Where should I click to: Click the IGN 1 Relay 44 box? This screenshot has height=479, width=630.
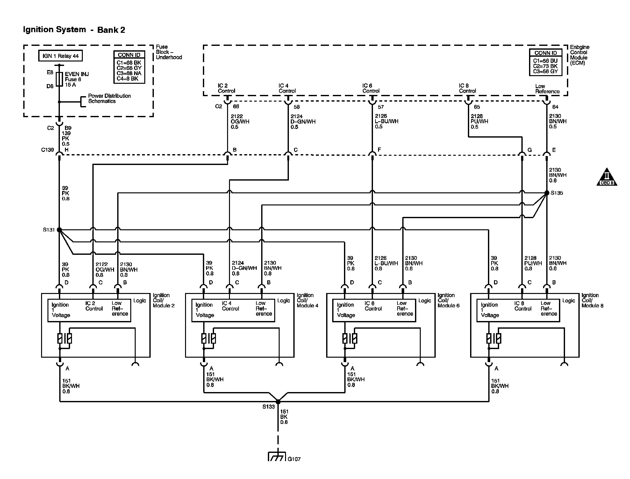coord(61,56)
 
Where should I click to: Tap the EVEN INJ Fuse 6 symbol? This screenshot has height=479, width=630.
coord(59,79)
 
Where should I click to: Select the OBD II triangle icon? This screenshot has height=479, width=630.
coord(606,177)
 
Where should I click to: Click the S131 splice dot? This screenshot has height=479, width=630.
coord(59,230)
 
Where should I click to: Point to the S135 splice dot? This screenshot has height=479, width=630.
coord(547,193)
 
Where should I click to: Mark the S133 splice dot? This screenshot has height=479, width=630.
coord(278,402)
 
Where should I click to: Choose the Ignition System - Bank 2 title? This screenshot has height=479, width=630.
coord(74,30)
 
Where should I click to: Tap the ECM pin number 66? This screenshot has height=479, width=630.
coord(236,106)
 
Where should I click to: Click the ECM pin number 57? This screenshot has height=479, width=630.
coord(381,107)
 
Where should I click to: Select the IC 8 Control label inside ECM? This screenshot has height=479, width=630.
coord(467,88)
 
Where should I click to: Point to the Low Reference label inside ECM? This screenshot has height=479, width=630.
coord(547,89)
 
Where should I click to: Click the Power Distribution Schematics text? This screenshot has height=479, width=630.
coord(109,98)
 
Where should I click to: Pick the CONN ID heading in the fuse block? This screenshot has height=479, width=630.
coord(129,55)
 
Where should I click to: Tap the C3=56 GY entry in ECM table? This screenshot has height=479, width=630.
coord(545,71)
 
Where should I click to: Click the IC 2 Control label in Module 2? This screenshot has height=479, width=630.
coord(94,306)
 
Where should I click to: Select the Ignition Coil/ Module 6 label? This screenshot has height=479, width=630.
coord(448,300)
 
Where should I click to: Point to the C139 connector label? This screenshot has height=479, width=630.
coord(47,150)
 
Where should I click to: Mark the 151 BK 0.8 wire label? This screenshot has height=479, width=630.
coord(284,417)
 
